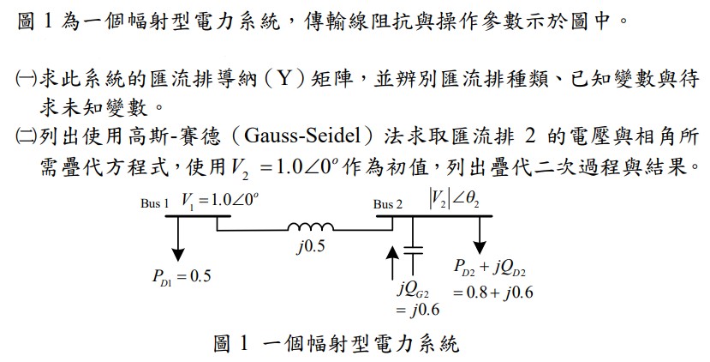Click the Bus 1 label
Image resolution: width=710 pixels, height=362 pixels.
(x=154, y=203)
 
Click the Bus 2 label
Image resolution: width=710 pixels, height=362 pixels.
(x=388, y=204)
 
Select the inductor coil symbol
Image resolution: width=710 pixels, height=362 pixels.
(x=311, y=226)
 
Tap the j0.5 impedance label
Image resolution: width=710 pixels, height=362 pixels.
(x=311, y=246)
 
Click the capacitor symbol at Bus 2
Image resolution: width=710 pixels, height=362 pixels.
(x=413, y=252)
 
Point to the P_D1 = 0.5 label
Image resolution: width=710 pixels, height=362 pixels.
(x=182, y=276)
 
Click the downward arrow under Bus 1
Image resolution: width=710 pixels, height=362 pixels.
(x=179, y=239)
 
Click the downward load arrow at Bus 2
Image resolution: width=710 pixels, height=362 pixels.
(x=479, y=235)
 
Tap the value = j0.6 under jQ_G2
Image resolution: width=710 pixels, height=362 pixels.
(x=417, y=310)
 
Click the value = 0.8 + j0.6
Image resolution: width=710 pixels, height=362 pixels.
(x=492, y=293)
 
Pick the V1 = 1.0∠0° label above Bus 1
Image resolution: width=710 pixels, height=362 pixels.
(x=220, y=201)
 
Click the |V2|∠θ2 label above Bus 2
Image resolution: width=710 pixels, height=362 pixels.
(x=454, y=200)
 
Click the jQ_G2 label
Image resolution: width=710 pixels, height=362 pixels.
(x=413, y=289)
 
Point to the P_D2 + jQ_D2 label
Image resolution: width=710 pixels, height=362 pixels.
(x=490, y=268)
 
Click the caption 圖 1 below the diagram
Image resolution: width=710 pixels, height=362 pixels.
(x=231, y=343)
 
